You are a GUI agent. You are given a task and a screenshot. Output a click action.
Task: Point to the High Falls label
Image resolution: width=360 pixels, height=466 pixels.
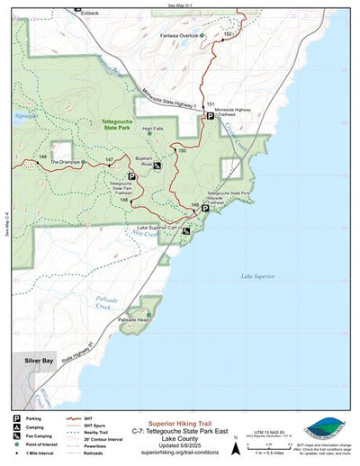tap(153, 129)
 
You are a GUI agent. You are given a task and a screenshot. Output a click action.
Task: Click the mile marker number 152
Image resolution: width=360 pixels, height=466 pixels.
tap(229, 33)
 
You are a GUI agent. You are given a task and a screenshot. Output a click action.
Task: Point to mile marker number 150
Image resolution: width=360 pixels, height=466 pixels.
tap(182, 149)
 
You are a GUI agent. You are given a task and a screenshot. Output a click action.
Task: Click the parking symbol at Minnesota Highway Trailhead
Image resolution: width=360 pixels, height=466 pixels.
tap(210, 116)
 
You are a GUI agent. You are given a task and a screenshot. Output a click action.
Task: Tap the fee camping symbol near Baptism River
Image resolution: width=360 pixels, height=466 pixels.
tap(157, 166)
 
